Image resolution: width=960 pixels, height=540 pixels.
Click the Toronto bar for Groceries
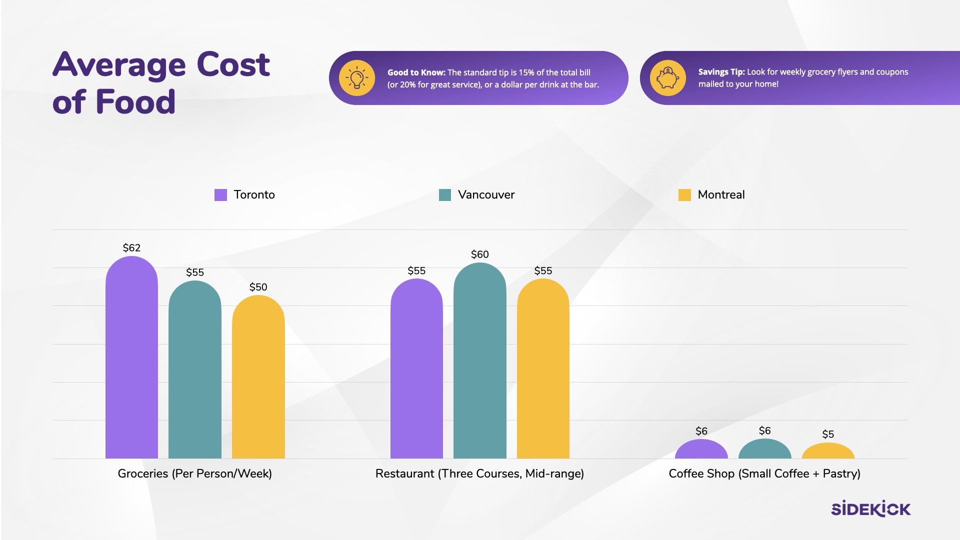tap(131, 357)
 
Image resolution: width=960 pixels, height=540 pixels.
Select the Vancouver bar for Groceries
tap(195, 370)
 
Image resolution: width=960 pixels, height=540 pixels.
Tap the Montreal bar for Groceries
tap(258, 377)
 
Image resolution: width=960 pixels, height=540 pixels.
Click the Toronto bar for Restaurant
tap(416, 369)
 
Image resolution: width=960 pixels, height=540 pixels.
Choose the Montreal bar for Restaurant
tap(543, 369)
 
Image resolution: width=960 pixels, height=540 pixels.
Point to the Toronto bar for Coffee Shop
tap(701, 450)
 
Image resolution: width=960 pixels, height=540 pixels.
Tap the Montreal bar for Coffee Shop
tap(828, 451)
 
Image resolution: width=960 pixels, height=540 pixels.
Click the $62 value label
tap(131, 248)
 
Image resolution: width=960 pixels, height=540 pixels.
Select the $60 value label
tap(479, 254)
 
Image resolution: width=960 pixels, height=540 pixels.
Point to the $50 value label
tap(258, 287)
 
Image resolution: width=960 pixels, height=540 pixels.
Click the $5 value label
tap(828, 434)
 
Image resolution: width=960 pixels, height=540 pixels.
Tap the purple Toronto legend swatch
tap(220, 195)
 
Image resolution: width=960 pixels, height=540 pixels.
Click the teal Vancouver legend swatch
tap(444, 195)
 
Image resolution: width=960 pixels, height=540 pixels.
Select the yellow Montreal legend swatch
tap(684, 195)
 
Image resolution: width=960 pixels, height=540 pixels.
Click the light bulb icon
tap(356, 78)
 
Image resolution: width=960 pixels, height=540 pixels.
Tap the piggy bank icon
tap(667, 78)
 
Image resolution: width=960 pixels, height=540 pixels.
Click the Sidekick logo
tap(870, 508)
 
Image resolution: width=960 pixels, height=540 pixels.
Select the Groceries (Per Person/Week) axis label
tap(194, 473)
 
